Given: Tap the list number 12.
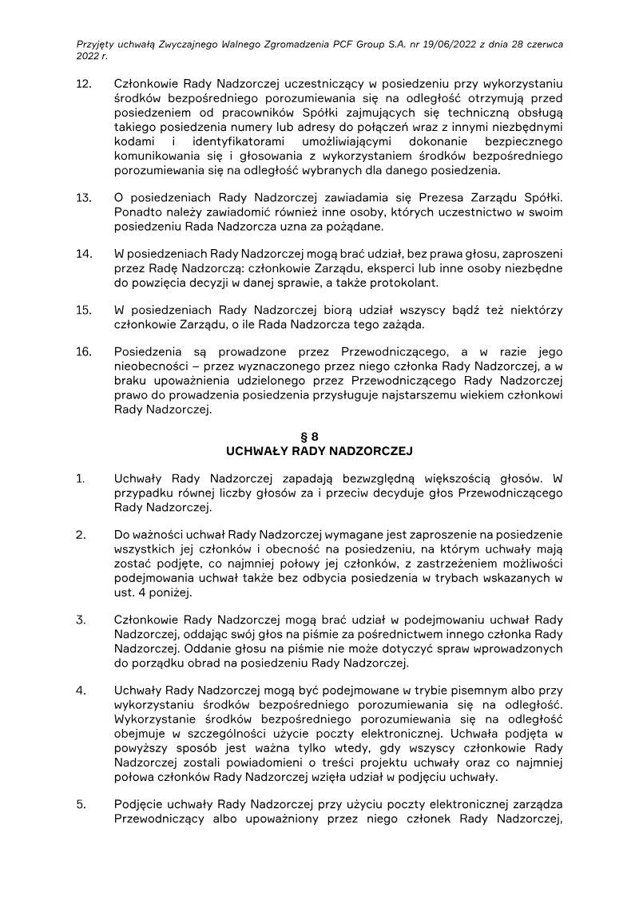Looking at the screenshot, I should coord(83,83).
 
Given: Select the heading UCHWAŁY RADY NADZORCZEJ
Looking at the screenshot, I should coord(319,451).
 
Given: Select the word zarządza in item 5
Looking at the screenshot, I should coord(537,805).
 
